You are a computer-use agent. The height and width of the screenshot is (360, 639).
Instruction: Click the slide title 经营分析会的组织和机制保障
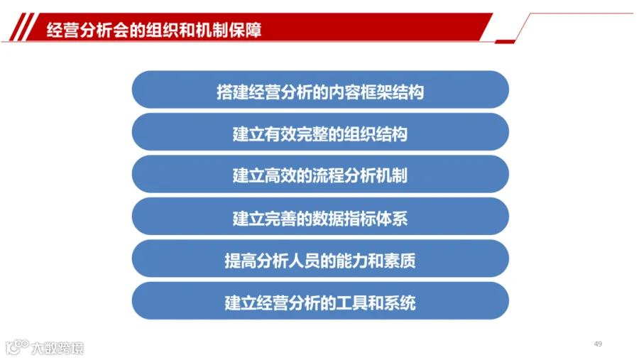(x=153, y=30)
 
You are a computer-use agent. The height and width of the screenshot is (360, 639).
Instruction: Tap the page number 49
(x=598, y=344)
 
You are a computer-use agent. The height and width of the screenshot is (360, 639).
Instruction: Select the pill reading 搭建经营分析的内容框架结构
(x=320, y=89)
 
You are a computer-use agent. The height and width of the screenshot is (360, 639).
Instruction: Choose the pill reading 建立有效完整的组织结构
(x=320, y=132)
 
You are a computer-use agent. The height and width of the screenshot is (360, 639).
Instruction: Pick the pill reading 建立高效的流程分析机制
(x=320, y=174)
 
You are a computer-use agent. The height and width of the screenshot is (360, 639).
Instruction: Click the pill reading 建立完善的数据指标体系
(x=320, y=217)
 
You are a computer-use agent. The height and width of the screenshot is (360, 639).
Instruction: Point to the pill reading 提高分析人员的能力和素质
(x=320, y=259)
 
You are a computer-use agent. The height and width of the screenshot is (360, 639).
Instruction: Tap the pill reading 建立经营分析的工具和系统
(x=320, y=301)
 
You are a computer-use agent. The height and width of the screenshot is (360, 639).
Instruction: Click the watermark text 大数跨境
(x=58, y=348)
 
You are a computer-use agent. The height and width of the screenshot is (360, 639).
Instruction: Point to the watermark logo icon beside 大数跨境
(x=17, y=347)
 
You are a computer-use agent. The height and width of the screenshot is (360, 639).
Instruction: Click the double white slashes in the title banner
(x=24, y=27)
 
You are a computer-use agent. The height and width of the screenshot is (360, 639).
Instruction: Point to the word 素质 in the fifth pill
(x=400, y=261)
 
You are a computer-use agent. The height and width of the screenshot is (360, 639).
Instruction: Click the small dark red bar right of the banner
(x=505, y=42)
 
